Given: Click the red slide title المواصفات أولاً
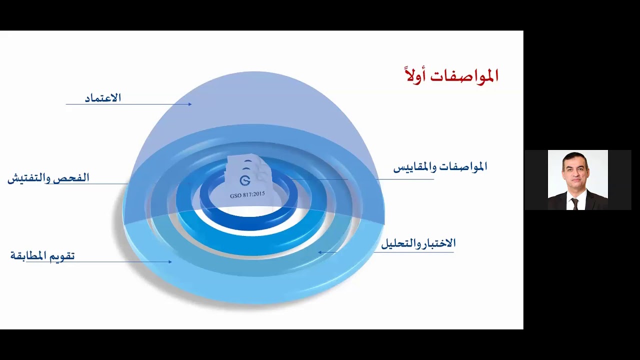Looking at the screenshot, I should pos(451,75).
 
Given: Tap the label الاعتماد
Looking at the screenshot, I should pos(103,98).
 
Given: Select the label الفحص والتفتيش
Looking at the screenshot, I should pos(48,178).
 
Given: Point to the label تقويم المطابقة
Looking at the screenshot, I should pos(42,256).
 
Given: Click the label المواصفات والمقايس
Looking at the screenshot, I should pos(440,167).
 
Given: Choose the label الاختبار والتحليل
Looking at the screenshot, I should pos(418,243).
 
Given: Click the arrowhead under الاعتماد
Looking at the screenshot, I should pos(189,104).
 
